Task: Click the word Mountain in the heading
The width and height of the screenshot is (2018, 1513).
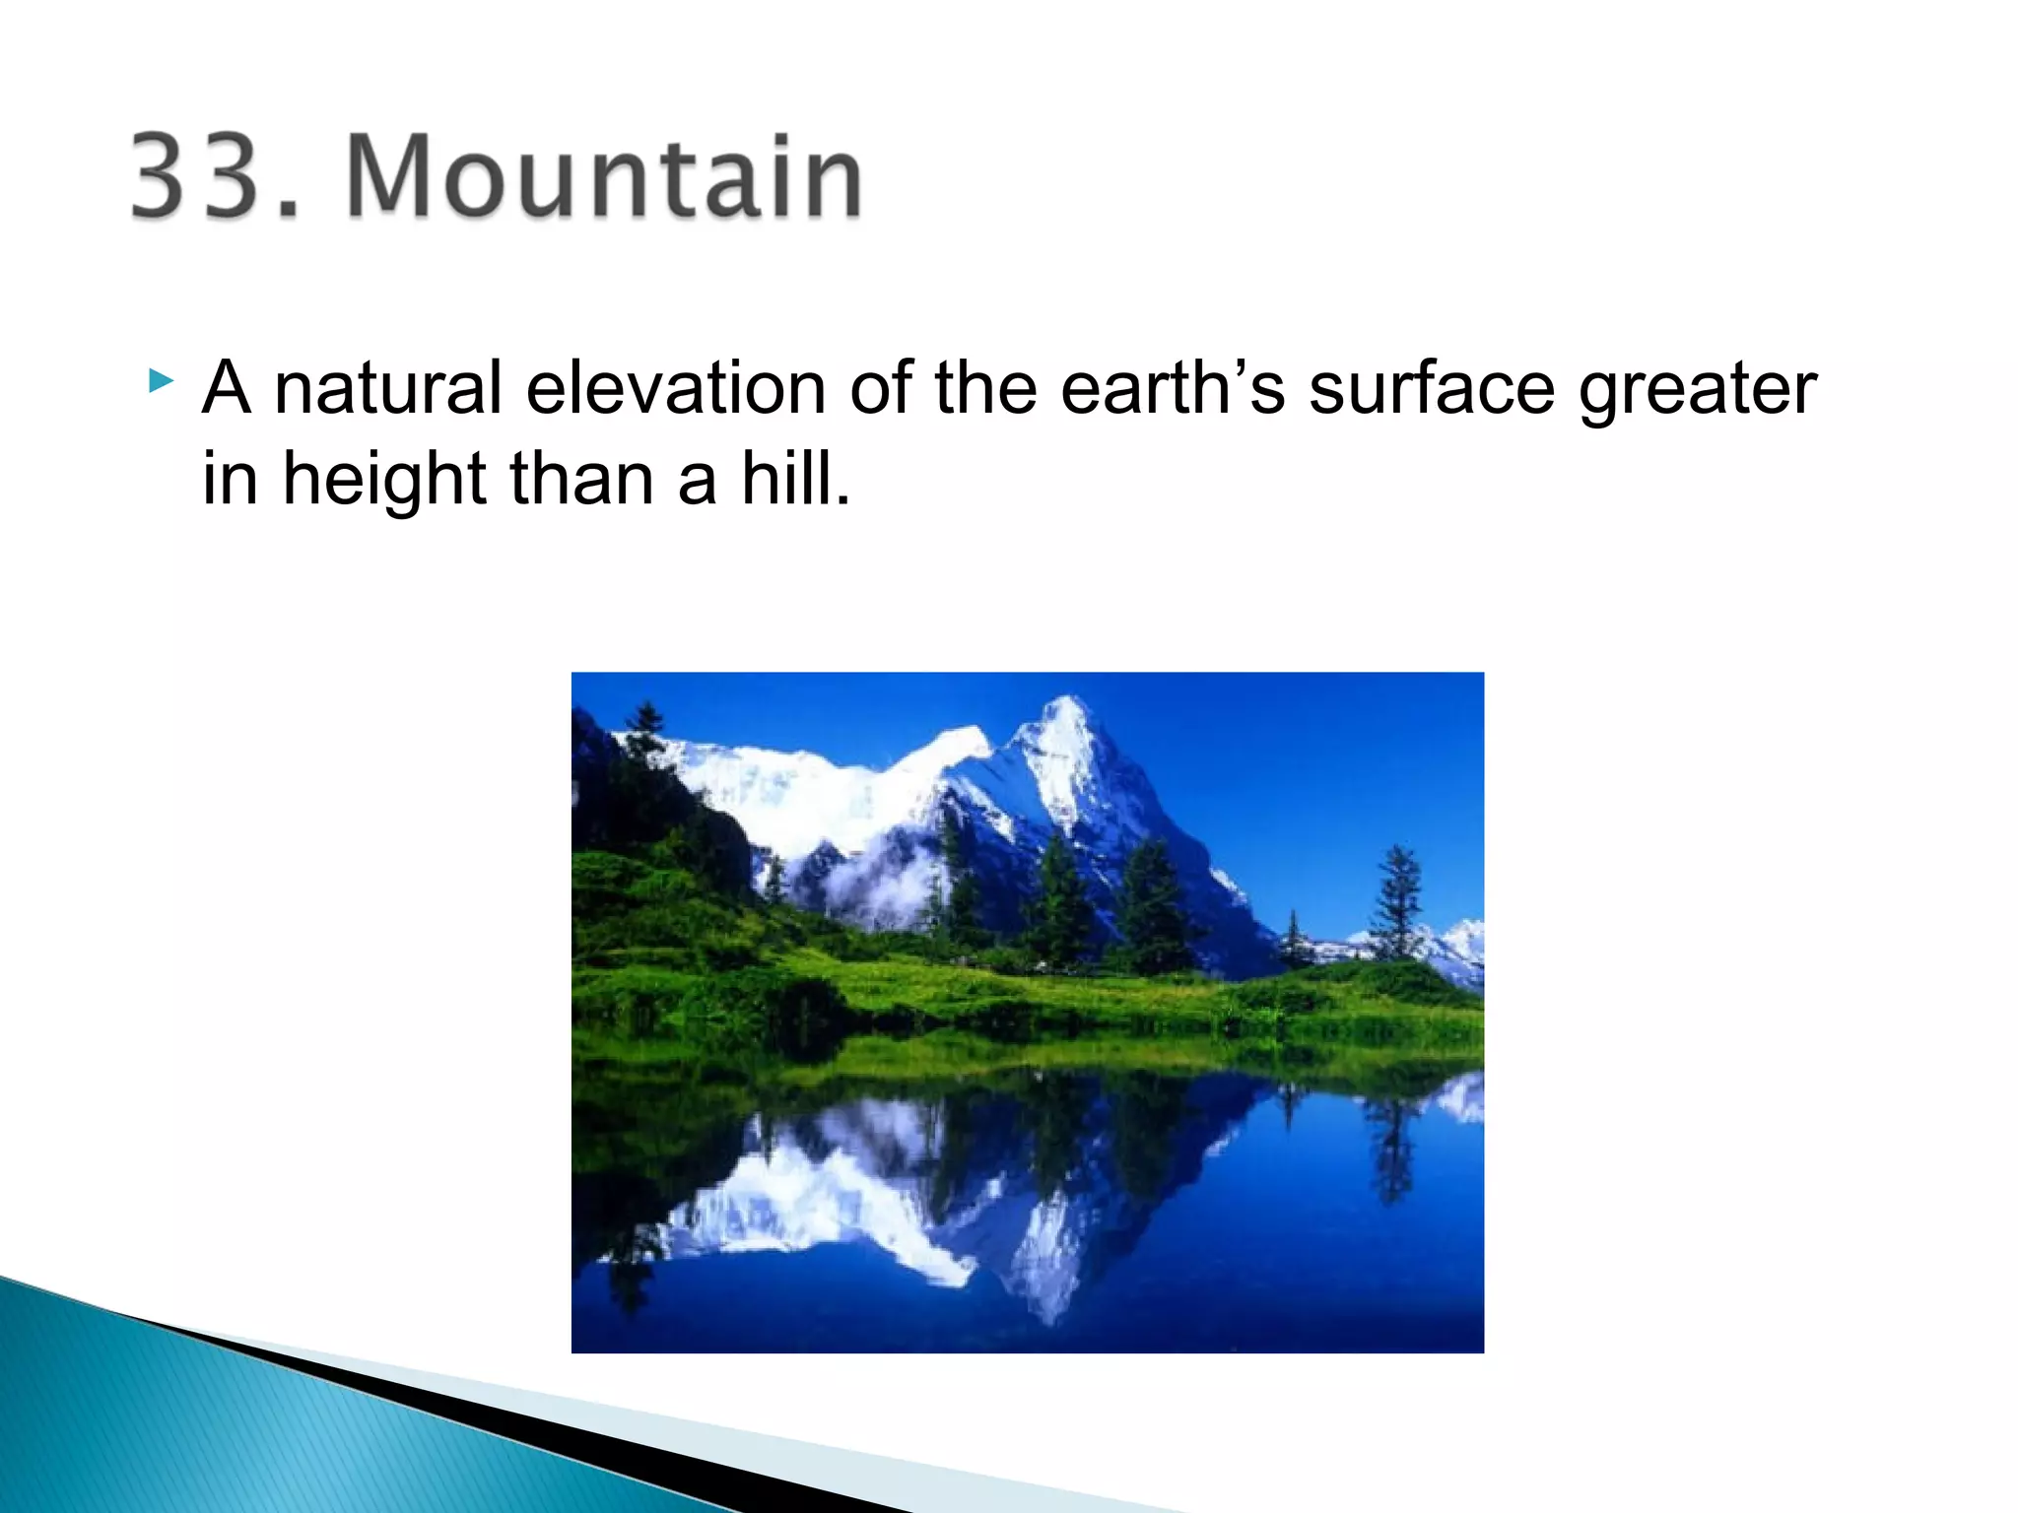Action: (604, 177)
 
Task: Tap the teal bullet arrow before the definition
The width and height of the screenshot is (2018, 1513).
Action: (162, 380)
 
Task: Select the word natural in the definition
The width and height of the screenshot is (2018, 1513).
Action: (388, 388)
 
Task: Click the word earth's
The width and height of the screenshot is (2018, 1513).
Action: (1173, 388)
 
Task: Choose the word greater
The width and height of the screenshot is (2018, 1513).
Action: (1697, 390)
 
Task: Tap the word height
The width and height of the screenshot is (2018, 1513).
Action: (384, 481)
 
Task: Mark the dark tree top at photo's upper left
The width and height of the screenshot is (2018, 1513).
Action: (646, 724)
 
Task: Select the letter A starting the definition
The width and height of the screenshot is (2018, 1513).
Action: (227, 388)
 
